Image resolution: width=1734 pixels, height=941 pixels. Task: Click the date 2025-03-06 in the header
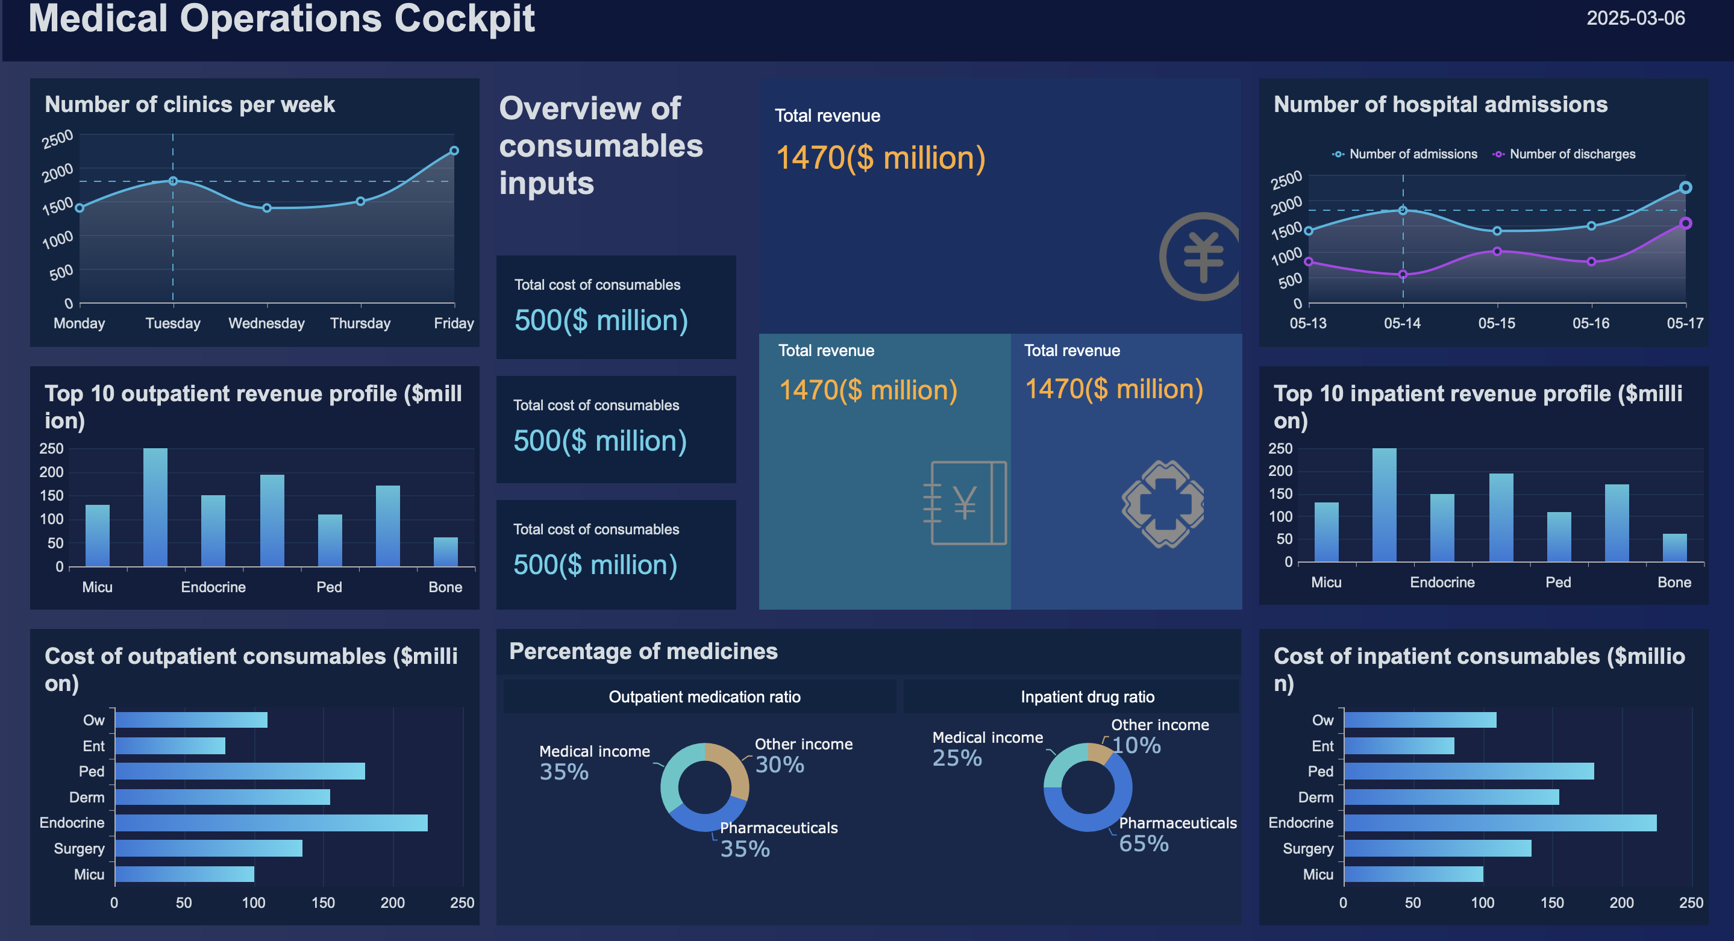1635,18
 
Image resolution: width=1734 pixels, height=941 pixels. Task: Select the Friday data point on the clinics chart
454,151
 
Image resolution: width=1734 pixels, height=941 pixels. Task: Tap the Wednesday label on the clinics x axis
266,323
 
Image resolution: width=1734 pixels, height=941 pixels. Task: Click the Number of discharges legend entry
1571,154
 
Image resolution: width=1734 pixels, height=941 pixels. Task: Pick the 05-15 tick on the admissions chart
1497,323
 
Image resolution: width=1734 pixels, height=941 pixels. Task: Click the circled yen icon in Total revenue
1202,257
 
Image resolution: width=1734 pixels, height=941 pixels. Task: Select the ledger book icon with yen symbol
966,503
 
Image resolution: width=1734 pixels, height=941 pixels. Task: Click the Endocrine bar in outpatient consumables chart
271,822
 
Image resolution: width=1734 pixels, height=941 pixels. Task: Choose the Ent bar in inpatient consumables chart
1399,746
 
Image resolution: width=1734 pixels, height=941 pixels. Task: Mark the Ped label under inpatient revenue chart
1557,582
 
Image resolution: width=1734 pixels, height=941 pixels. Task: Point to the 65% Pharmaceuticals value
1143,843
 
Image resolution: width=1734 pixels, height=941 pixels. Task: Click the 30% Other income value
780,764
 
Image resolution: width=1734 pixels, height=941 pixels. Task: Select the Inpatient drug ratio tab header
1087,696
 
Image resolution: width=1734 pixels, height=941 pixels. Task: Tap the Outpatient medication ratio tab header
704,696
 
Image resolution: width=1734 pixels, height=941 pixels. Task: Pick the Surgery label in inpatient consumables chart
1307,848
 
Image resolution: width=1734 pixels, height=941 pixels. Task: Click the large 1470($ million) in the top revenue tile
880,158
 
